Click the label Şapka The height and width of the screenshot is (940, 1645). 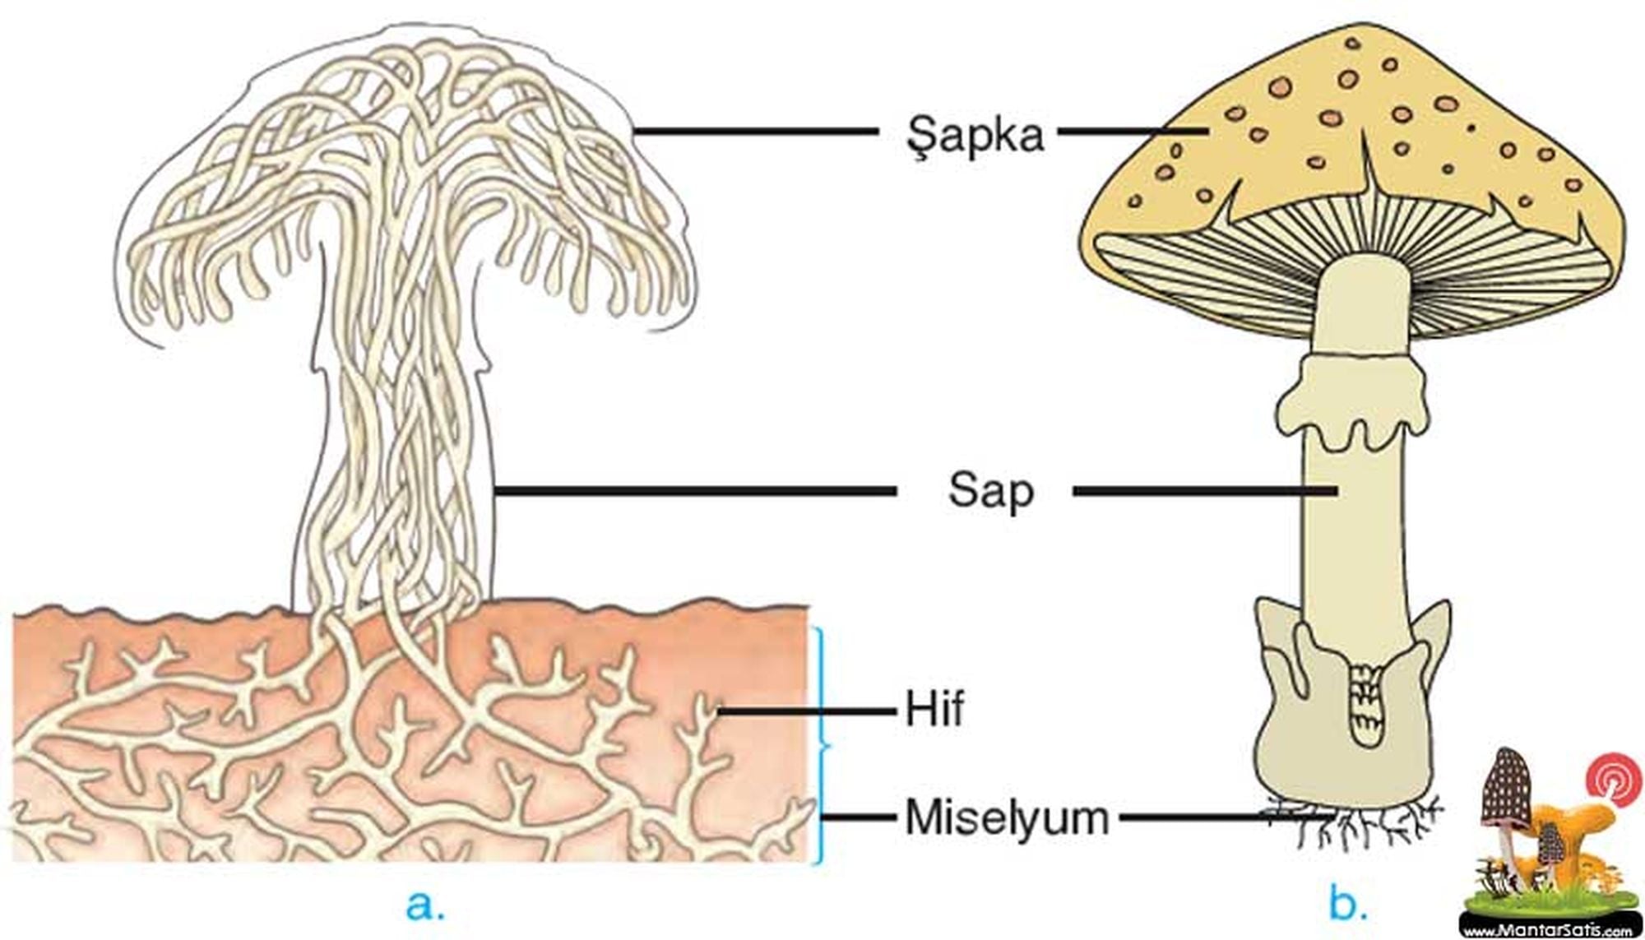tap(975, 134)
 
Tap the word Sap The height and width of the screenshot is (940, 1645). tap(989, 491)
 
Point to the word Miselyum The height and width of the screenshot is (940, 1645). tap(1007, 817)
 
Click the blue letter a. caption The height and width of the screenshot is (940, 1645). tap(425, 904)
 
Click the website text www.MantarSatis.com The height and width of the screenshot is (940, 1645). tap(1546, 931)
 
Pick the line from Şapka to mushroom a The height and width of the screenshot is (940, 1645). tap(753, 131)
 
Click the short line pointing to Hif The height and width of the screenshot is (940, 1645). tap(806, 710)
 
